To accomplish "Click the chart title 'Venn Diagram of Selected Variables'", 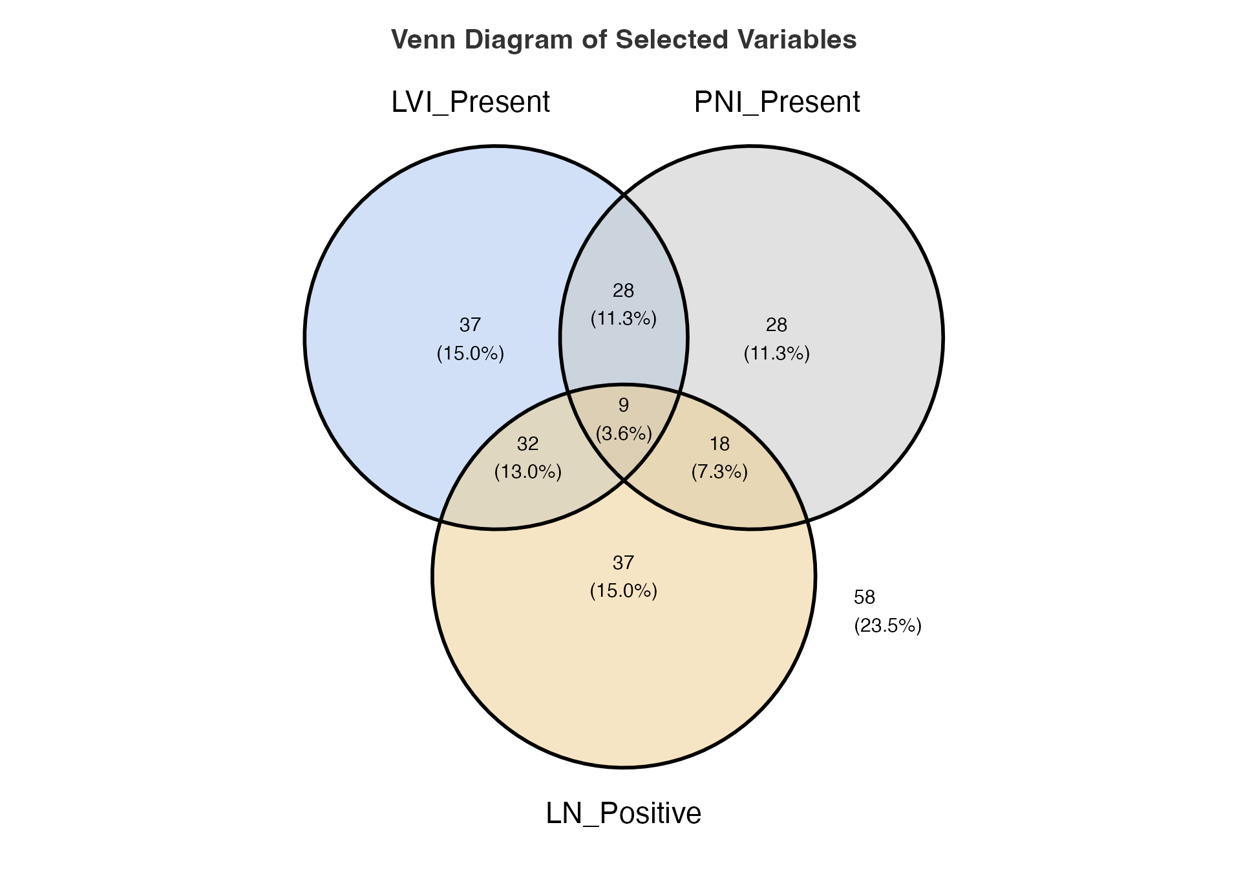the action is point(624,40).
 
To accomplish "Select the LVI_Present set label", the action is point(471,103).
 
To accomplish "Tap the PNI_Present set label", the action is point(777,103).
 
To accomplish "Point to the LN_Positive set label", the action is point(624,813).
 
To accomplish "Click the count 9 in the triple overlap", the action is point(624,405).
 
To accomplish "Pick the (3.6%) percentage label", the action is point(624,433).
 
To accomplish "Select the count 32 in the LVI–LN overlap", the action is point(528,444).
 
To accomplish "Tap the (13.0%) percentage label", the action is point(528,472).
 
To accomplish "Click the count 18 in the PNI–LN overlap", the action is point(719,444).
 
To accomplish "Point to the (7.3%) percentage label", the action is point(719,472).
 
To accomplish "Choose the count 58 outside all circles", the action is point(865,597).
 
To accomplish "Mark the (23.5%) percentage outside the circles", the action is point(888,626).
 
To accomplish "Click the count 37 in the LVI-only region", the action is point(471,325).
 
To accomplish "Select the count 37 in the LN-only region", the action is point(624,563).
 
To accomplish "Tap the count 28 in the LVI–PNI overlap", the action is point(624,291).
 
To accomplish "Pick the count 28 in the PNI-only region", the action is point(777,325).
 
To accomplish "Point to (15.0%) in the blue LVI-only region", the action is point(471,354).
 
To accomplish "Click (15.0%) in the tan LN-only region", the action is point(624,591).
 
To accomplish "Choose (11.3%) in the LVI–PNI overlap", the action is point(624,319).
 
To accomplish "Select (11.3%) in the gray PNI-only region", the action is point(777,354).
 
